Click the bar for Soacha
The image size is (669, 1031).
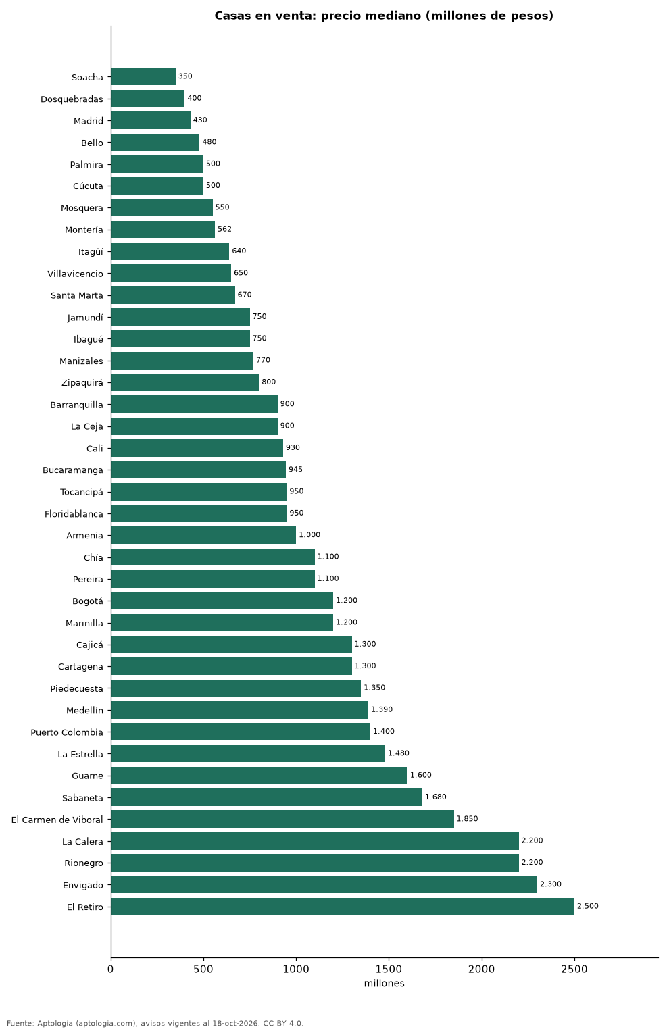(143, 77)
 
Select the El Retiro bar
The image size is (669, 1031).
(343, 907)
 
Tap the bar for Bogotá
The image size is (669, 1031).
(222, 601)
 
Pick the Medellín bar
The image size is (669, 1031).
(239, 709)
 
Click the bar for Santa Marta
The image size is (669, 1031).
(173, 295)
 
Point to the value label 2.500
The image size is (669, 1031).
(587, 906)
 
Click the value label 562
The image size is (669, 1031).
(224, 229)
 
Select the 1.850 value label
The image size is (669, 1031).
(467, 819)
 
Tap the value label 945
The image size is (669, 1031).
(295, 470)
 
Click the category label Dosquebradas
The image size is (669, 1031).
(72, 99)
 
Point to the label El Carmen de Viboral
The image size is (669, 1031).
(57, 820)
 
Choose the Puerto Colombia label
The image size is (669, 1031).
(67, 732)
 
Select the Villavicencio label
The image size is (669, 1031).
(75, 274)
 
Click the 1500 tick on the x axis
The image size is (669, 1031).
(389, 970)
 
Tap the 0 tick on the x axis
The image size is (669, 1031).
(111, 970)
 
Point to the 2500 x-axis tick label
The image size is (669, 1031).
(574, 970)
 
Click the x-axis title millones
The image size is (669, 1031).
(384, 984)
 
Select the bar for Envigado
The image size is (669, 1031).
(324, 884)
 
